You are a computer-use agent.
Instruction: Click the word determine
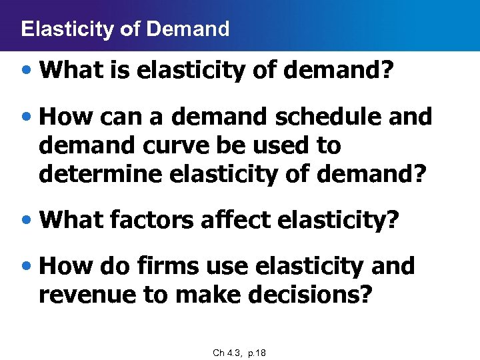click(x=99, y=174)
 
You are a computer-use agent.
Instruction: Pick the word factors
click(x=154, y=221)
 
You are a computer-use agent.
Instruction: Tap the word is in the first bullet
click(x=121, y=71)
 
